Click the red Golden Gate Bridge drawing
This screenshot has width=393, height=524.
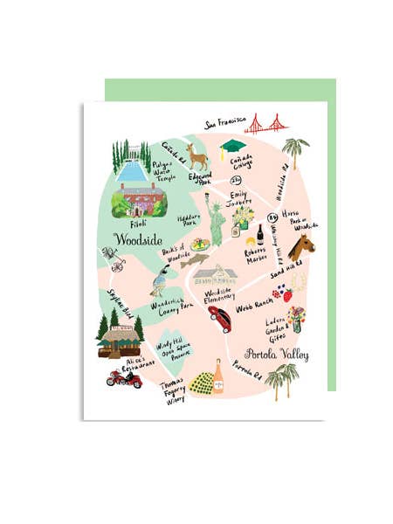[265, 123]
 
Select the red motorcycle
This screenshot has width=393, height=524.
[124, 377]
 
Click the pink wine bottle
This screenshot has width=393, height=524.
[217, 377]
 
